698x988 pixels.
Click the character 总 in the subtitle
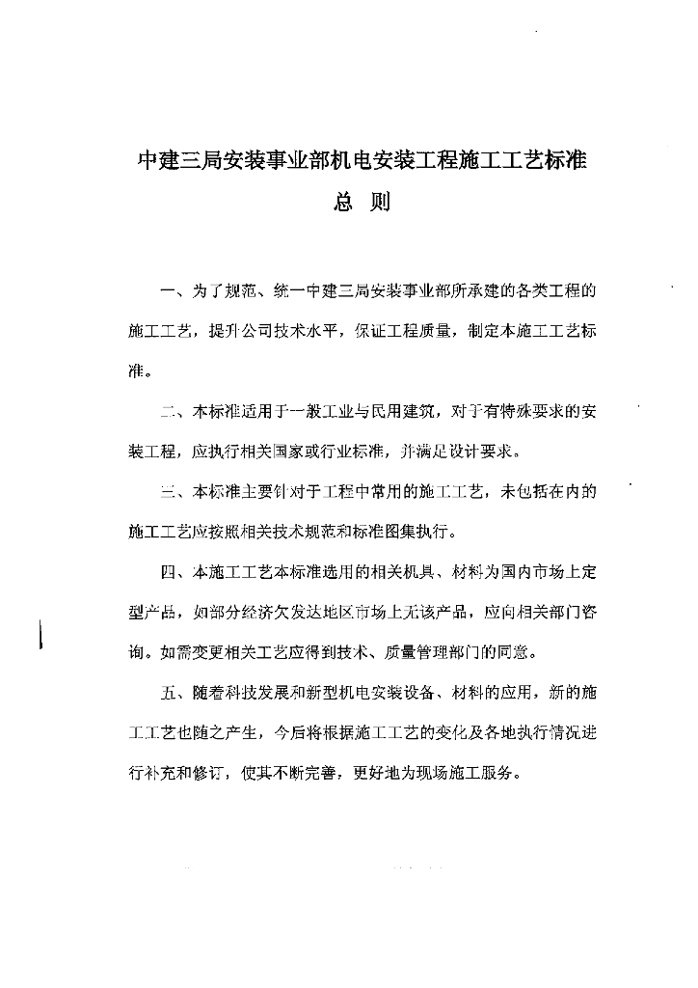343,205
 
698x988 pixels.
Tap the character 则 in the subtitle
380,205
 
